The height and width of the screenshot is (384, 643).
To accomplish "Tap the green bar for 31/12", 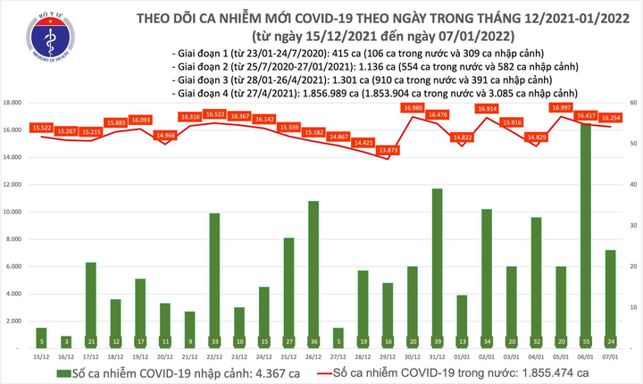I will click(437, 268).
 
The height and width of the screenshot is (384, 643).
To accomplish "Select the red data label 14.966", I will click(165, 135).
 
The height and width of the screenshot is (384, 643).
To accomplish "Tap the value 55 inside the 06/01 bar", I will click(585, 341).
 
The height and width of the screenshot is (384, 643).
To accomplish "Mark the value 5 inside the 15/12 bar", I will click(41, 341).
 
